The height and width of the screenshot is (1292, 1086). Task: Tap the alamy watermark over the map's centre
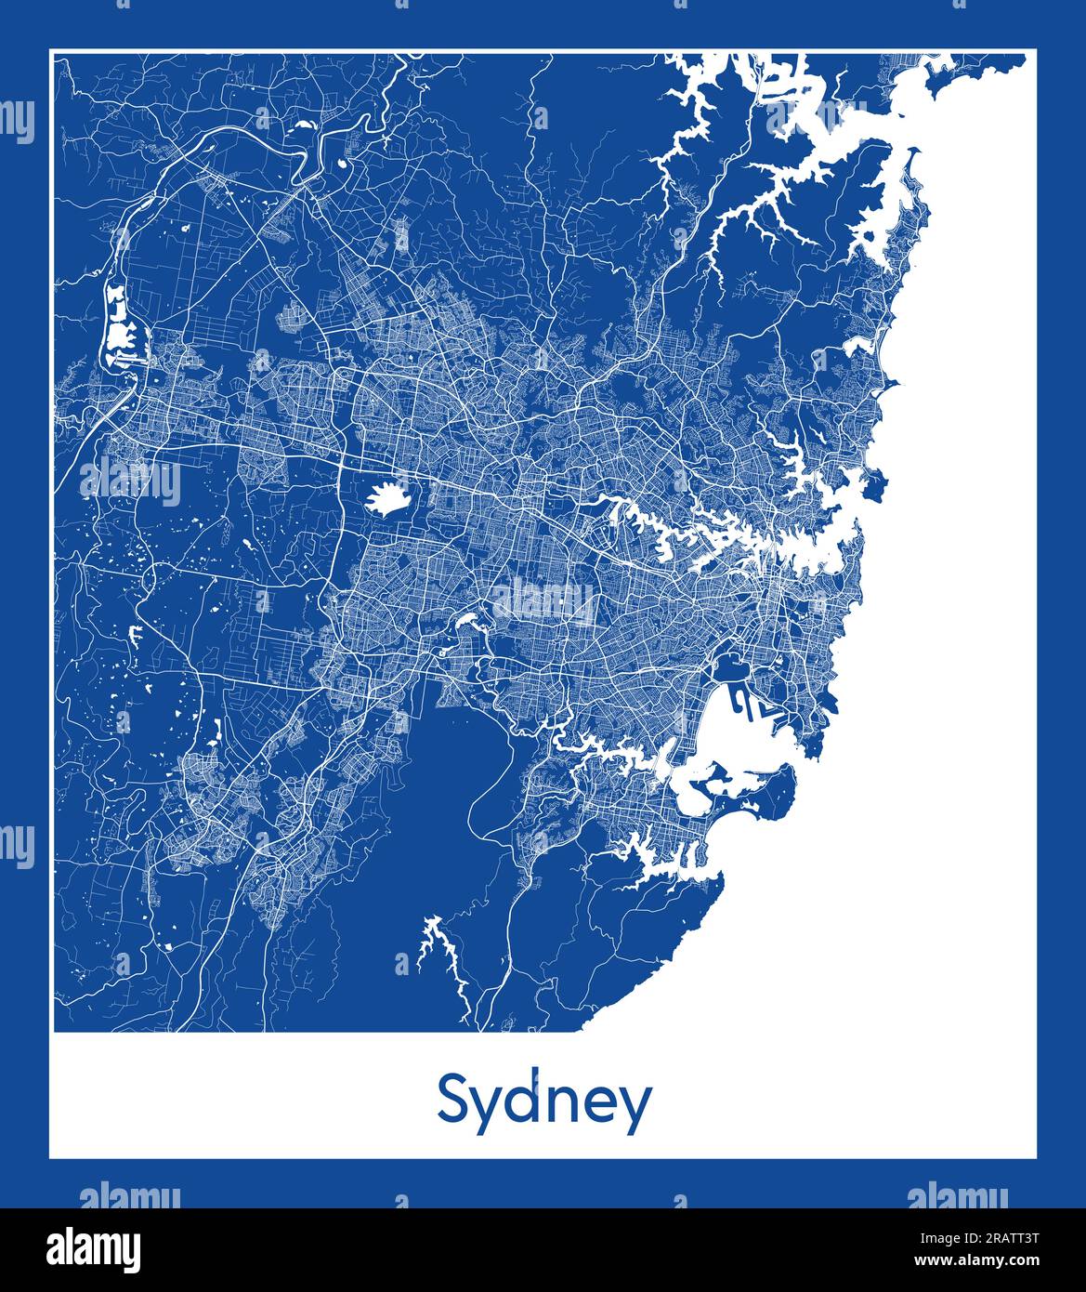(x=543, y=600)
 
